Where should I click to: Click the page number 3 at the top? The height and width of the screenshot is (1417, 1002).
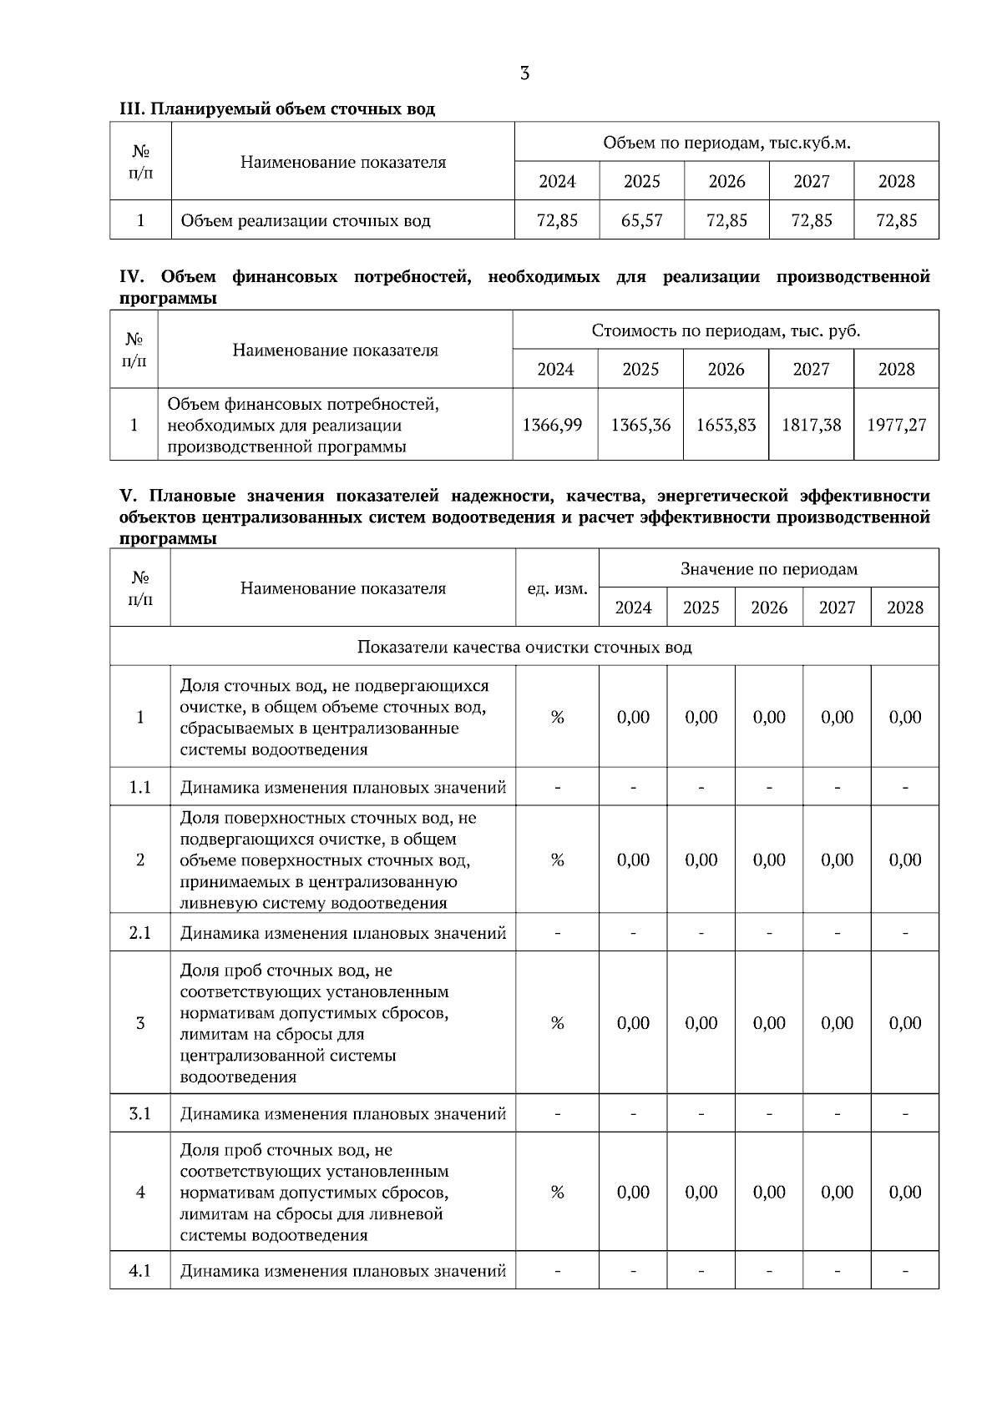pos(524,73)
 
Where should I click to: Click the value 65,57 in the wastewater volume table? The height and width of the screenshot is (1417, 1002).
pos(641,220)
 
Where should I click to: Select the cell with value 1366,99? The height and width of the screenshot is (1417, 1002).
pos(552,425)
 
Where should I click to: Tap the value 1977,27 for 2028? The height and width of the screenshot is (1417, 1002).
pos(896,425)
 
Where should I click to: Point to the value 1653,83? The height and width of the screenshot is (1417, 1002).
pos(726,425)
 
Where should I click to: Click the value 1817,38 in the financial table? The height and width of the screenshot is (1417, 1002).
pos(811,425)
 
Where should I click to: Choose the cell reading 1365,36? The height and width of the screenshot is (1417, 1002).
pos(640,425)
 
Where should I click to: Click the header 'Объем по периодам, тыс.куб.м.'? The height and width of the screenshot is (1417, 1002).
pos(726,143)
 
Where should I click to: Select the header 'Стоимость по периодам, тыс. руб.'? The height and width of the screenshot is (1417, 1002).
pos(726,330)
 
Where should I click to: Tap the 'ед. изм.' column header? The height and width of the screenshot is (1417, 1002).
pos(557,588)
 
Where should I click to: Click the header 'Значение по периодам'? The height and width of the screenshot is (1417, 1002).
pos(768,569)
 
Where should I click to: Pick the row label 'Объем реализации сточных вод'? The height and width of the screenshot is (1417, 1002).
pos(306,221)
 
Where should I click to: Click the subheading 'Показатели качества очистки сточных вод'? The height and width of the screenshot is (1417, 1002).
pos(524,647)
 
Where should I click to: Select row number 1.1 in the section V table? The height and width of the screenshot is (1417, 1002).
pos(140,787)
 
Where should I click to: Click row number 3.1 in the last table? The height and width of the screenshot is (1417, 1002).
pos(140,1113)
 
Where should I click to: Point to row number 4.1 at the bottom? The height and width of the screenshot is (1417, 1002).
pos(140,1271)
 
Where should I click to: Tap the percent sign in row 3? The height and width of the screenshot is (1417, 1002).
pos(557,1023)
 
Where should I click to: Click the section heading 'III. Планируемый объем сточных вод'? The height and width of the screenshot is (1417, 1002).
pos(277,109)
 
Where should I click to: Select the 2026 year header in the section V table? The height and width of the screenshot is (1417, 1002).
pos(768,608)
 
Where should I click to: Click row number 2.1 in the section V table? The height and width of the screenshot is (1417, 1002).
pos(140,933)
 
